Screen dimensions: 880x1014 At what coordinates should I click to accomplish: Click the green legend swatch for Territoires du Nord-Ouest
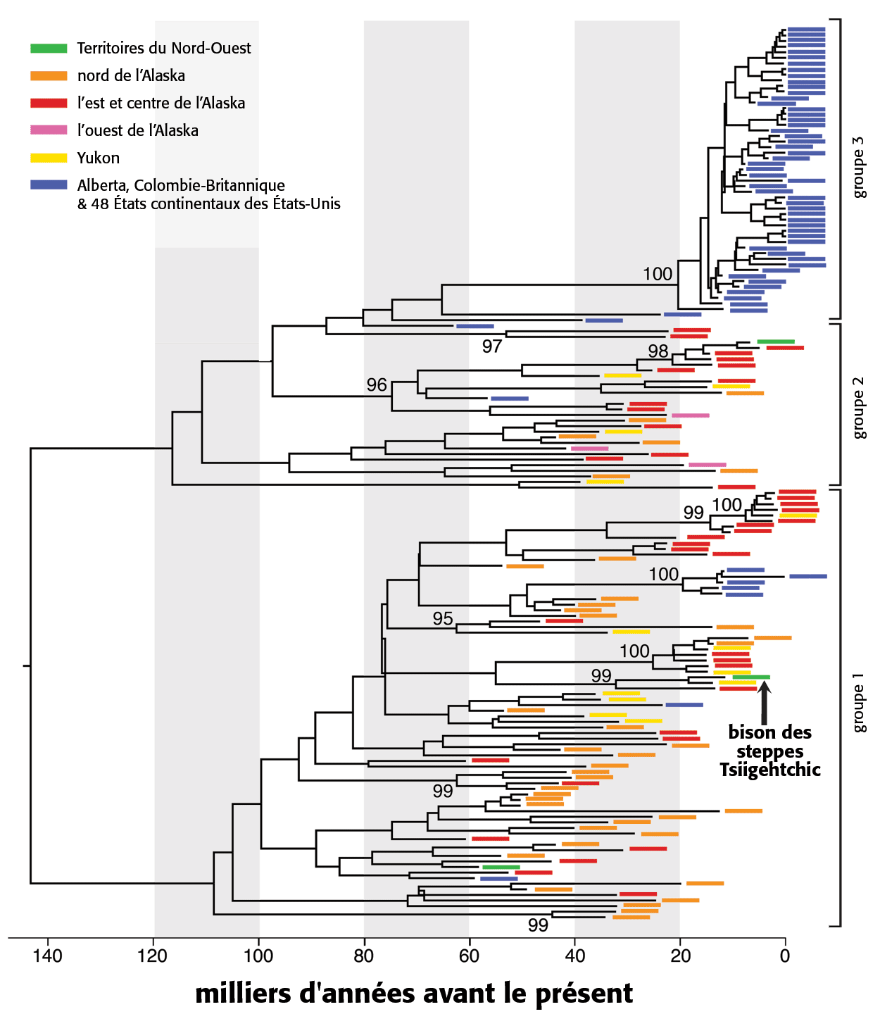[x=49, y=48]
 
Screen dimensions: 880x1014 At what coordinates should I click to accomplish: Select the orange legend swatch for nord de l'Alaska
[x=49, y=76]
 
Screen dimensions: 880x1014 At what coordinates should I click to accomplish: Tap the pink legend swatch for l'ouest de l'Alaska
[x=49, y=130]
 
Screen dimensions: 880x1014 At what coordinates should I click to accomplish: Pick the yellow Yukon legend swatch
[x=49, y=158]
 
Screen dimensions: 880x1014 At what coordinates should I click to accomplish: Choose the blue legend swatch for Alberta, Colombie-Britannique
[x=49, y=185]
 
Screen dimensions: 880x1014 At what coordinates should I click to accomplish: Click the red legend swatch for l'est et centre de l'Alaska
[x=49, y=103]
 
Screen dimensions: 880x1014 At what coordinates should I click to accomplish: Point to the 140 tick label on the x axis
[x=48, y=956]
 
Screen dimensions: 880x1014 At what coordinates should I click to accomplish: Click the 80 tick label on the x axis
[x=364, y=956]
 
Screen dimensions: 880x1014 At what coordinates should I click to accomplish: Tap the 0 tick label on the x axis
[x=785, y=956]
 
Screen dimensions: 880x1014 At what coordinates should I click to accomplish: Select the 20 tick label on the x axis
[x=680, y=956]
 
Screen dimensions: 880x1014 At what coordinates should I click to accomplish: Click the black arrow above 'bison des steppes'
[x=764, y=703]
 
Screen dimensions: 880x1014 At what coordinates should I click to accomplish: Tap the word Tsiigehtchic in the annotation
[x=770, y=770]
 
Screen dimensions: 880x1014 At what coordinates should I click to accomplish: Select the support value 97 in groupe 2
[x=492, y=346]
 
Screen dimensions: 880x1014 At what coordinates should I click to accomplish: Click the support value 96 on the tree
[x=377, y=384]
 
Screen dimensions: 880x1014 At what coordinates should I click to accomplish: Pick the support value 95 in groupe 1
[x=443, y=618]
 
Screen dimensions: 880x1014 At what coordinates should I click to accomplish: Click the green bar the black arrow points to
[x=751, y=677]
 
